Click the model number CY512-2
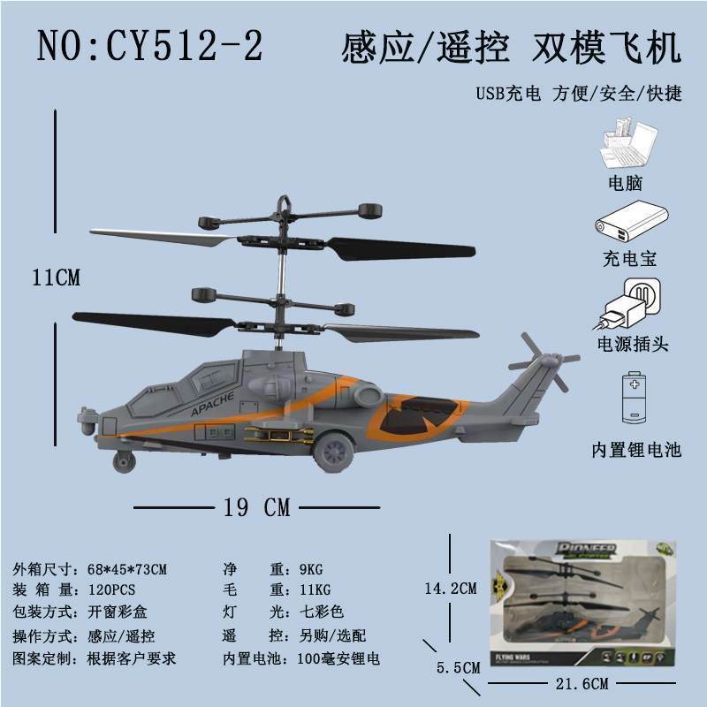[184, 46]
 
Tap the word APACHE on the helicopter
[212, 404]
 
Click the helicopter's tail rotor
[544, 361]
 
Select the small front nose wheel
[124, 461]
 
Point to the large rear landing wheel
[334, 452]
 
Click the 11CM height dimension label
[56, 277]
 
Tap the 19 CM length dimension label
[257, 507]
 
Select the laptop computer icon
[628, 143]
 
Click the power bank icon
[631, 224]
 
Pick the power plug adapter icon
[628, 305]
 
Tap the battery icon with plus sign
[635, 397]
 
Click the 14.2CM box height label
[451, 589]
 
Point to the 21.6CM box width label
[582, 683]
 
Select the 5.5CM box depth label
[458, 667]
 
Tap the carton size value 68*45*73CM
[127, 569]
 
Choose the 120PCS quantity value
[111, 589]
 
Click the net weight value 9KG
[311, 569]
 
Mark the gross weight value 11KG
[315, 589]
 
